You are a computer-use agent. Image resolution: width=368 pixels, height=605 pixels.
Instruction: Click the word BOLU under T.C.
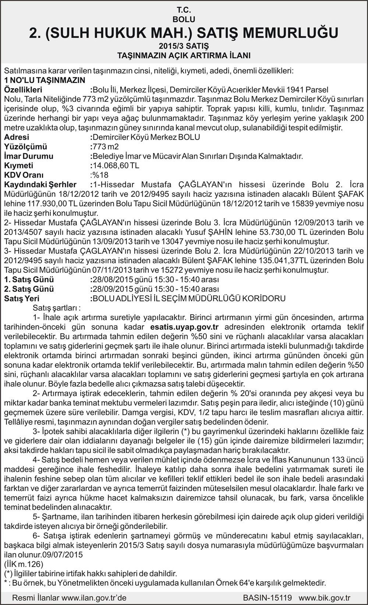pyautogui.click(x=184, y=19)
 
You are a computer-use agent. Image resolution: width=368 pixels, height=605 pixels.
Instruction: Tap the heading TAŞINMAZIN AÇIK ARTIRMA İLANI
pyautogui.click(x=184, y=56)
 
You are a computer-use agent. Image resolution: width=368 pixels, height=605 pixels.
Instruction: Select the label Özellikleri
pyautogui.click(x=23, y=90)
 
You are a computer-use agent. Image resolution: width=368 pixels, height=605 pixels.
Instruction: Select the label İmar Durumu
pyautogui.click(x=29, y=156)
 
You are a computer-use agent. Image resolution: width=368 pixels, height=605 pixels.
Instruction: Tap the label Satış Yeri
pyautogui.click(x=22, y=298)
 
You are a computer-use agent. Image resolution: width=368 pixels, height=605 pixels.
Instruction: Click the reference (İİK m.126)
pyautogui.click(x=24, y=564)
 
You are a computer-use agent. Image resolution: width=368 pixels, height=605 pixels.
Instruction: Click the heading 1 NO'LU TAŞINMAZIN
pyautogui.click(x=45, y=80)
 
